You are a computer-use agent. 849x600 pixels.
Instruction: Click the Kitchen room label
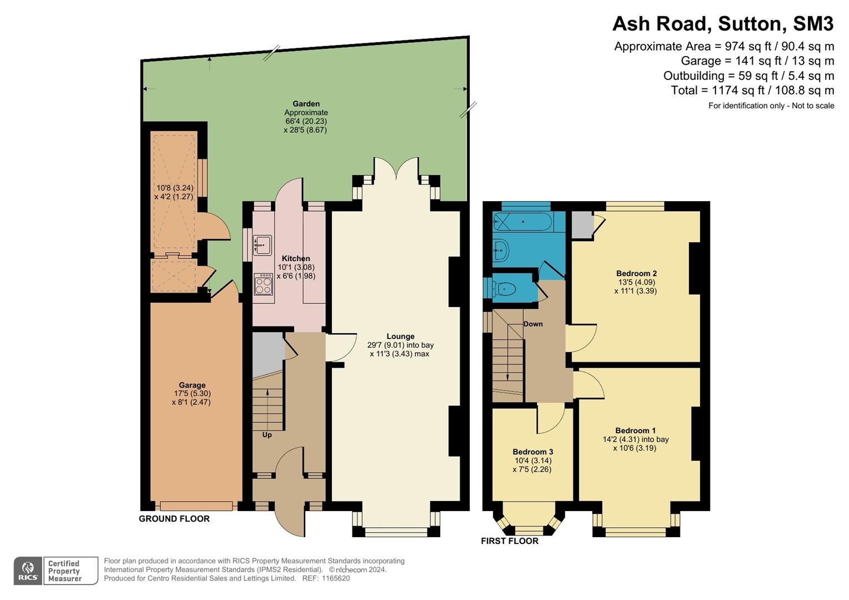[296, 258]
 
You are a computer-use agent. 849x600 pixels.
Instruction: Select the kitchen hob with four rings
[264, 284]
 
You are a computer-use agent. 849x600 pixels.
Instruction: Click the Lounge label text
[400, 336]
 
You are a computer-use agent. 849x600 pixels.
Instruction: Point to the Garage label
[192, 385]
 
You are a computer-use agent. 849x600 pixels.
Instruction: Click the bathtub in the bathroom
[523, 222]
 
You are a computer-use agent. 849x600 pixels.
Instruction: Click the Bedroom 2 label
[637, 273]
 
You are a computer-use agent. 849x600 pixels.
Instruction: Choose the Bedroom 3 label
[533, 452]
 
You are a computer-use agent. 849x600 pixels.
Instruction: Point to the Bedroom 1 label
[635, 431]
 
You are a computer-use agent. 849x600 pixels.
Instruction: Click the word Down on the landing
[533, 324]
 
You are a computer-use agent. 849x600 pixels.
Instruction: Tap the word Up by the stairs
[267, 435]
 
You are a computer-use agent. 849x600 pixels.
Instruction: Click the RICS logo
[28, 571]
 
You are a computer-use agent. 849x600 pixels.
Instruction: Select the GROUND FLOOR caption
[174, 518]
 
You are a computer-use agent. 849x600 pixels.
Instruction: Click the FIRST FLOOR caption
[509, 541]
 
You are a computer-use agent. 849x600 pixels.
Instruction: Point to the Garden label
[306, 104]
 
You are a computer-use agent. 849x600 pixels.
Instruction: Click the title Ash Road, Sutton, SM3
[723, 24]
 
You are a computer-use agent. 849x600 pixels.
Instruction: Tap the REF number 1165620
[336, 578]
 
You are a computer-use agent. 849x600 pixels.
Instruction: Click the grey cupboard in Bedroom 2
[582, 225]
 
